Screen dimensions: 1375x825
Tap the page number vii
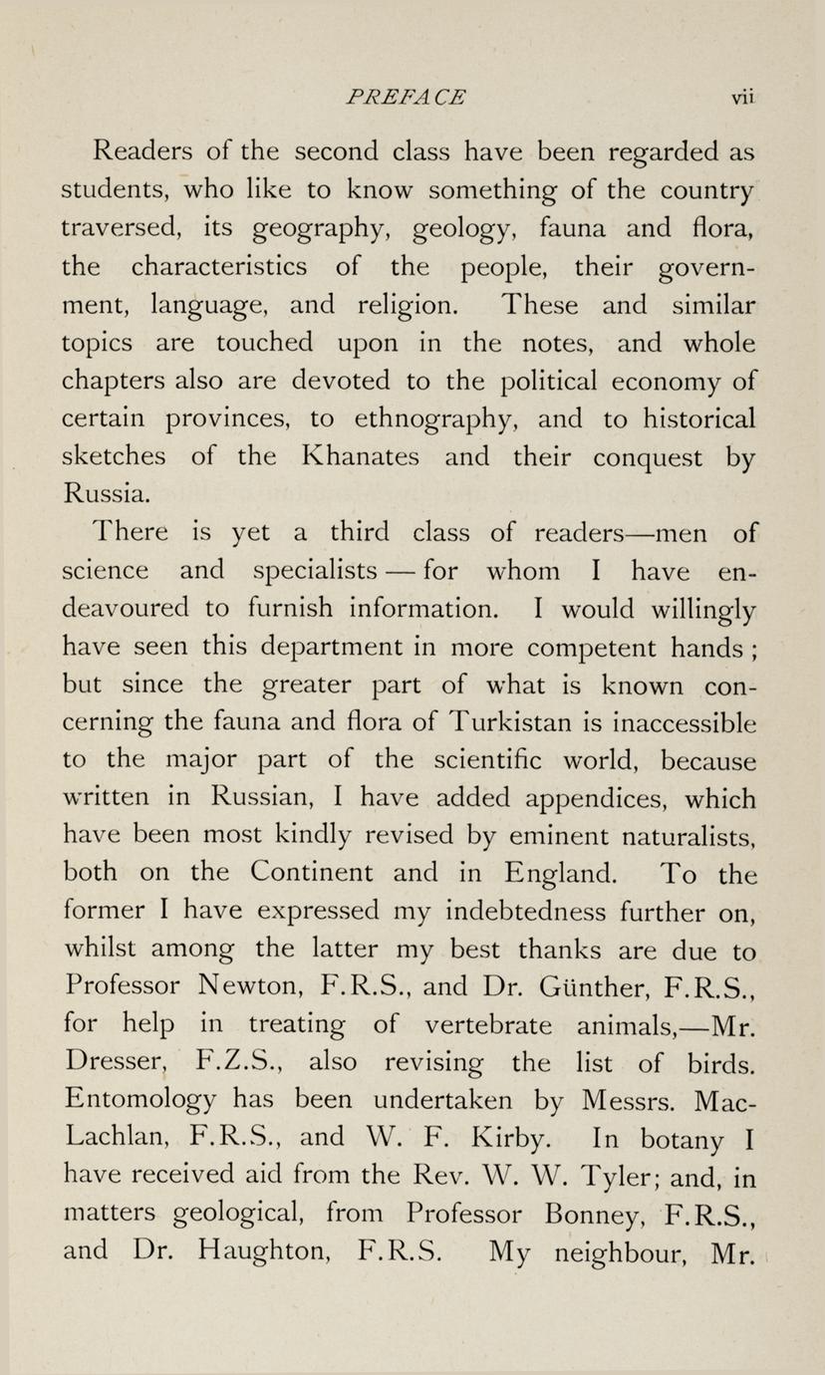tap(743, 97)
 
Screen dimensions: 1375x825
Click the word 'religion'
tap(399, 306)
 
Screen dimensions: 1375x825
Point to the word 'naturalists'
tap(675, 837)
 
